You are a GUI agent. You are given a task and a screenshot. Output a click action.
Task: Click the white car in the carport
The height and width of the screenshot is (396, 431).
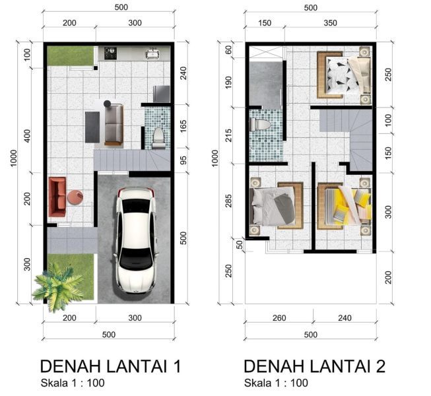[x=136, y=240]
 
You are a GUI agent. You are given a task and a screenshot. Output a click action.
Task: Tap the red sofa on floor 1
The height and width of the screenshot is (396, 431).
[x=57, y=197]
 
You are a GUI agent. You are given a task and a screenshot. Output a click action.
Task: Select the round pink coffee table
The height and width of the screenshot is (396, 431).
[x=75, y=197]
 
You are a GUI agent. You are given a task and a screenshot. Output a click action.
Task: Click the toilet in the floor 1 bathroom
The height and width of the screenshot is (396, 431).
[x=158, y=138]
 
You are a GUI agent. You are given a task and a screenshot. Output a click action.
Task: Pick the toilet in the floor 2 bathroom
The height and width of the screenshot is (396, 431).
[x=260, y=125]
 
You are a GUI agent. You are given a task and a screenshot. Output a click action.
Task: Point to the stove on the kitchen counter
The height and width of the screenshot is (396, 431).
[x=110, y=53]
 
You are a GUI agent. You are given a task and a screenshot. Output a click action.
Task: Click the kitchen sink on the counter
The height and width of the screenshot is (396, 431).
[x=152, y=53]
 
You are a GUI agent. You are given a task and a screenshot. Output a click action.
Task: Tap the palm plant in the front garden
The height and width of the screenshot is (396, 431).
[x=57, y=286]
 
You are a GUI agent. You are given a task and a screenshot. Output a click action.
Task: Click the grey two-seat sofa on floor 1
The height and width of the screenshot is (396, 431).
[x=114, y=124]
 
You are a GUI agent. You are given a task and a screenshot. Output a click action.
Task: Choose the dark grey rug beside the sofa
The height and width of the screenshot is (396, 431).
[x=92, y=127]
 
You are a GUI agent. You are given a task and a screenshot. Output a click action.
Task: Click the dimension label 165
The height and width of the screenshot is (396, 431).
[x=183, y=126]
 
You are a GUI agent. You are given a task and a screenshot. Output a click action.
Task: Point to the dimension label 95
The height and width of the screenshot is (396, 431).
[x=183, y=160]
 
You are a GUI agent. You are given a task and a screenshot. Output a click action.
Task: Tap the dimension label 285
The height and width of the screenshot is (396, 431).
[x=228, y=201]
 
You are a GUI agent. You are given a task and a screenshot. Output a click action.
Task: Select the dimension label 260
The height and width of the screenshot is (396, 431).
[x=279, y=317]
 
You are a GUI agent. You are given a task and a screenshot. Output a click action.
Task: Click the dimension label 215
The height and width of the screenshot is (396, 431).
[x=228, y=135]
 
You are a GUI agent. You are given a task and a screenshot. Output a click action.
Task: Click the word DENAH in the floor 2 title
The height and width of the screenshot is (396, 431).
[x=275, y=366]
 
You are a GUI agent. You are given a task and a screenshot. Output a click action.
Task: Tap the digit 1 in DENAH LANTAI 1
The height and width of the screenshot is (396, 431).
[x=178, y=366]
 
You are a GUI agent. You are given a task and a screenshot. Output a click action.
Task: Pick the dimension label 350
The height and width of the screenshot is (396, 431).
[x=330, y=23]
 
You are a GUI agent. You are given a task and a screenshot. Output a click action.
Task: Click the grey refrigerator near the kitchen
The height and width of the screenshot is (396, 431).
[x=162, y=94]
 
